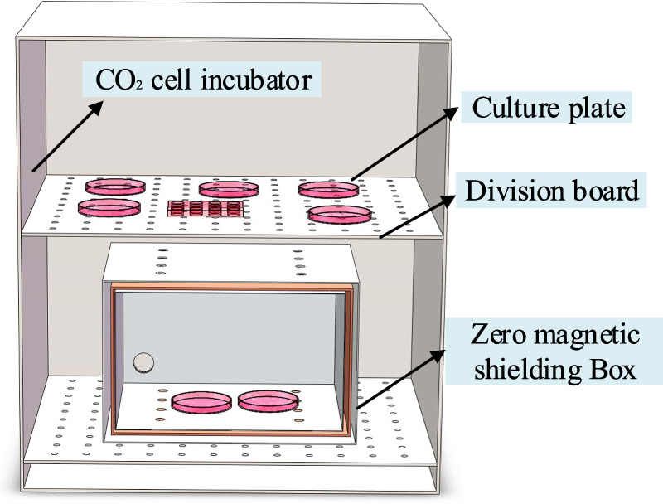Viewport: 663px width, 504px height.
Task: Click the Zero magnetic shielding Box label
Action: (551, 352)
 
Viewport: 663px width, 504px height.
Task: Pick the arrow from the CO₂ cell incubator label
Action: (67, 138)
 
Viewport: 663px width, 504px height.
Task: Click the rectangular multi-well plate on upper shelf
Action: (206, 208)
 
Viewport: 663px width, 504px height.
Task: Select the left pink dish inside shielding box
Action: (202, 403)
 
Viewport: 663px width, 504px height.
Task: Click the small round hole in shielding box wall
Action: (144, 361)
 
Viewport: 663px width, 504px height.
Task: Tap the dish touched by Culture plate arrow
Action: (327, 189)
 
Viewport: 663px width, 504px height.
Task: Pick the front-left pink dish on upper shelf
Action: (108, 206)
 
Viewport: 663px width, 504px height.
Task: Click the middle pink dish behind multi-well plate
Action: (225, 188)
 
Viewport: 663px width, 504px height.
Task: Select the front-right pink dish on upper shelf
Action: (338, 215)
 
